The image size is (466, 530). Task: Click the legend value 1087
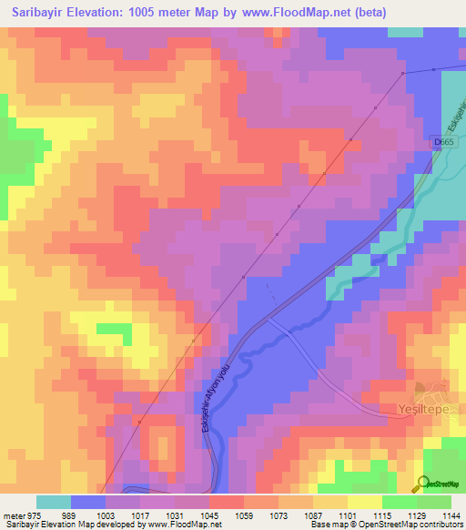pos(312,515)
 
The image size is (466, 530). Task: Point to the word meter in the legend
pos(13,515)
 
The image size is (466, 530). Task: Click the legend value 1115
pos(382,515)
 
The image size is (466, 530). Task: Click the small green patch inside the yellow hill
pos(114,328)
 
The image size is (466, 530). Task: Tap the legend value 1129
pos(417,515)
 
